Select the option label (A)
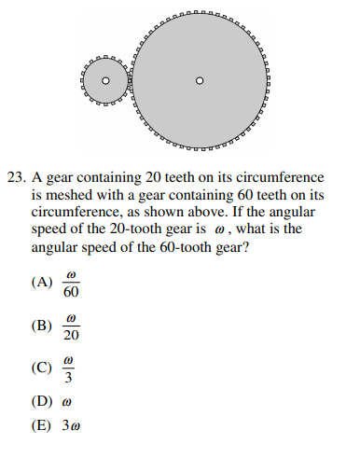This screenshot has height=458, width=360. coord(42,284)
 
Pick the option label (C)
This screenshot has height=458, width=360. coord(42,368)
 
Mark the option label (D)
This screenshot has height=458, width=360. coord(42,403)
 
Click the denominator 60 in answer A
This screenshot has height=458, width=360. coord(71,293)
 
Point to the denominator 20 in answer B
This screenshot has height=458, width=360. coord(71,335)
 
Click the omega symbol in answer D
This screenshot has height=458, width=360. coord(66,404)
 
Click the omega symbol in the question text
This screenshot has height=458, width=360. coord(245,231)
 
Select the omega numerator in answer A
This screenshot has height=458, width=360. coord(71,276)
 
